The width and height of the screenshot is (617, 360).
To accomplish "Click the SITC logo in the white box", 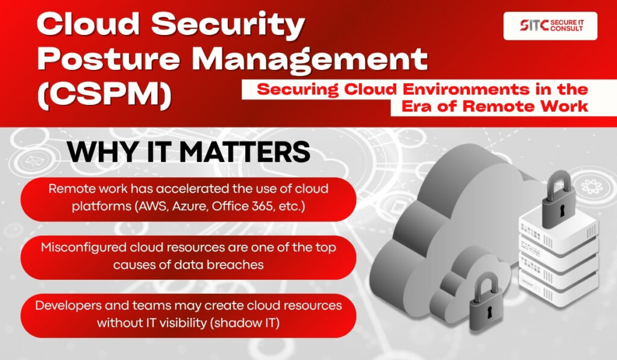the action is pyautogui.click(x=551, y=25).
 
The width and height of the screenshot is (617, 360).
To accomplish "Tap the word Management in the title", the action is pyautogui.click(x=310, y=60).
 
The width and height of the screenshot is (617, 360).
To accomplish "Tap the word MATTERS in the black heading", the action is pyautogui.click(x=245, y=151).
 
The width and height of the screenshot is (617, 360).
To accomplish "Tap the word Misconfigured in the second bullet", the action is pyautogui.click(x=83, y=248).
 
